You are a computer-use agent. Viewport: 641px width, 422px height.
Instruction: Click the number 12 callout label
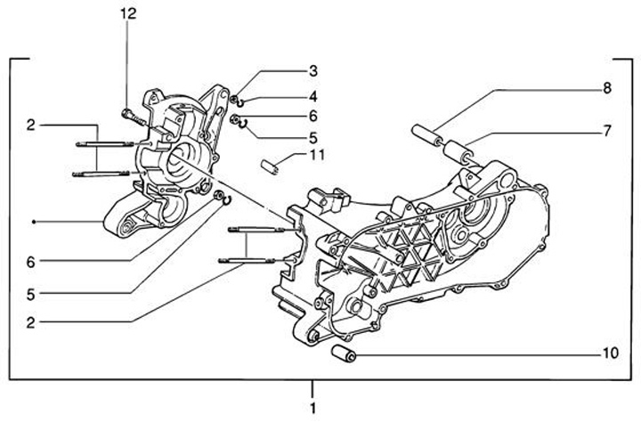coord(129,13)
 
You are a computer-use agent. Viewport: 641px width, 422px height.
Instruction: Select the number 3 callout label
coord(313,70)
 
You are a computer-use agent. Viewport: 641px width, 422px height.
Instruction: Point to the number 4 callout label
coord(313,95)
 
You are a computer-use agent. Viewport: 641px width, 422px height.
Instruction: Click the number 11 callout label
coord(316,155)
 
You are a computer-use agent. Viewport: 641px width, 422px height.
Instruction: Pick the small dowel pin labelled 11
coord(272,165)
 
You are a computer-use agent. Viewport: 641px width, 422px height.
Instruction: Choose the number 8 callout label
coord(607,88)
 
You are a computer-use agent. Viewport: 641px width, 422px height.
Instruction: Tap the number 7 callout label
coord(607,130)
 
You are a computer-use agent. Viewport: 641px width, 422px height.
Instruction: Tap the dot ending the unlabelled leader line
coord(33,221)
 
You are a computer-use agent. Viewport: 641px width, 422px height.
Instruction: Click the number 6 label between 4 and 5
coord(313,117)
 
